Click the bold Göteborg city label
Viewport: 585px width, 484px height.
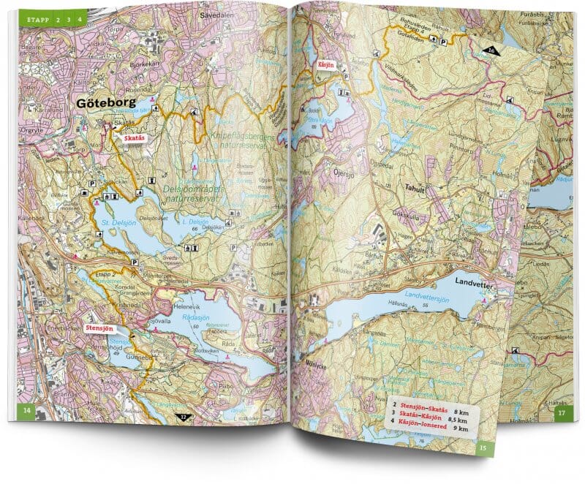tap(105, 104)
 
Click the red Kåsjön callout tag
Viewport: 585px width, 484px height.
tap(325, 64)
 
